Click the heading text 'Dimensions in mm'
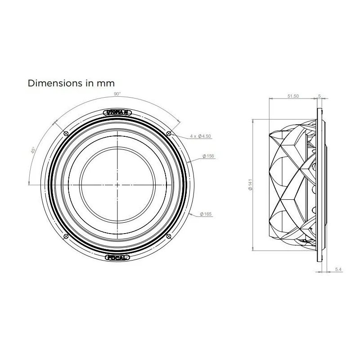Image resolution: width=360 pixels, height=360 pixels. click(71, 83)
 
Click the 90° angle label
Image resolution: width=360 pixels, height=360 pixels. click(117, 94)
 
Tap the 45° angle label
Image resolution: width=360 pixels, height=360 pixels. click(33, 150)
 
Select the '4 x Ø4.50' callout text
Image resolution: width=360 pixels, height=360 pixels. click(200, 136)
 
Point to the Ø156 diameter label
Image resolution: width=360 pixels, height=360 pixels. click(208, 156)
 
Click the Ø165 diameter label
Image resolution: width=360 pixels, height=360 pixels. click(206, 214)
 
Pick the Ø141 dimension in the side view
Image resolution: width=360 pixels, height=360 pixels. click(250, 184)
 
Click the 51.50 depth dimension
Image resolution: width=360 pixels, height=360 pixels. click(293, 96)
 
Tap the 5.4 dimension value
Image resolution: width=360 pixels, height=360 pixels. click(338, 269)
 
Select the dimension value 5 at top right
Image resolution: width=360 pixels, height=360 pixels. click(319, 96)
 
